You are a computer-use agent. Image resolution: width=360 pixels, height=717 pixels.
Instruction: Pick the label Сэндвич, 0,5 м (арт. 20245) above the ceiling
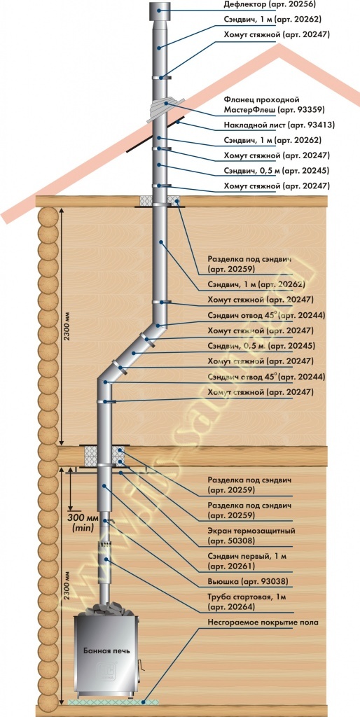click(x=276, y=171)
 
